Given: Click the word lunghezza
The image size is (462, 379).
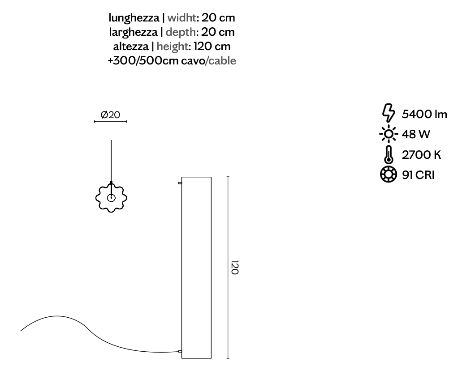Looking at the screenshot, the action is [x=134, y=18].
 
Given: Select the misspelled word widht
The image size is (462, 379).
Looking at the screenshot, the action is [x=181, y=17].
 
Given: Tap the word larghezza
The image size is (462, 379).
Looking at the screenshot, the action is [x=133, y=32].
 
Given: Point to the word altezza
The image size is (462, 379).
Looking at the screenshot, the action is [x=131, y=47].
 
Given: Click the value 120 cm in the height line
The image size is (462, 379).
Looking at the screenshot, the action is [x=212, y=47].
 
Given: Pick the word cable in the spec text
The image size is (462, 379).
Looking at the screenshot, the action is [x=222, y=61].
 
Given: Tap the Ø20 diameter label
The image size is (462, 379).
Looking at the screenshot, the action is [x=110, y=115].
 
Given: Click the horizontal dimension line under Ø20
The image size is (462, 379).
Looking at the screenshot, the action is [x=111, y=121].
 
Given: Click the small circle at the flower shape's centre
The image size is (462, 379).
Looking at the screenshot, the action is [x=111, y=198].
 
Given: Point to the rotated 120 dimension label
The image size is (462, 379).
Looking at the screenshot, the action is [x=234, y=267].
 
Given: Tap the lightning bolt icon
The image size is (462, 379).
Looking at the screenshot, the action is [x=389, y=113].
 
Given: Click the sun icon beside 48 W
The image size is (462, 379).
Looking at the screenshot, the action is [x=389, y=134].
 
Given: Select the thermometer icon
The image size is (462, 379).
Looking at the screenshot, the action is [x=389, y=154].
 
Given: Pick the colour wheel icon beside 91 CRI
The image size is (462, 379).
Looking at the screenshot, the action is [x=389, y=175].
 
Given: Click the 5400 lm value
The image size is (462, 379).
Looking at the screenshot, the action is [x=424, y=114].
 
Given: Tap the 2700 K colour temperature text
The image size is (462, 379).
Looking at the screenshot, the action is [x=421, y=155].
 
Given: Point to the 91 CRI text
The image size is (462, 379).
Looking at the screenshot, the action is [x=418, y=175].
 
